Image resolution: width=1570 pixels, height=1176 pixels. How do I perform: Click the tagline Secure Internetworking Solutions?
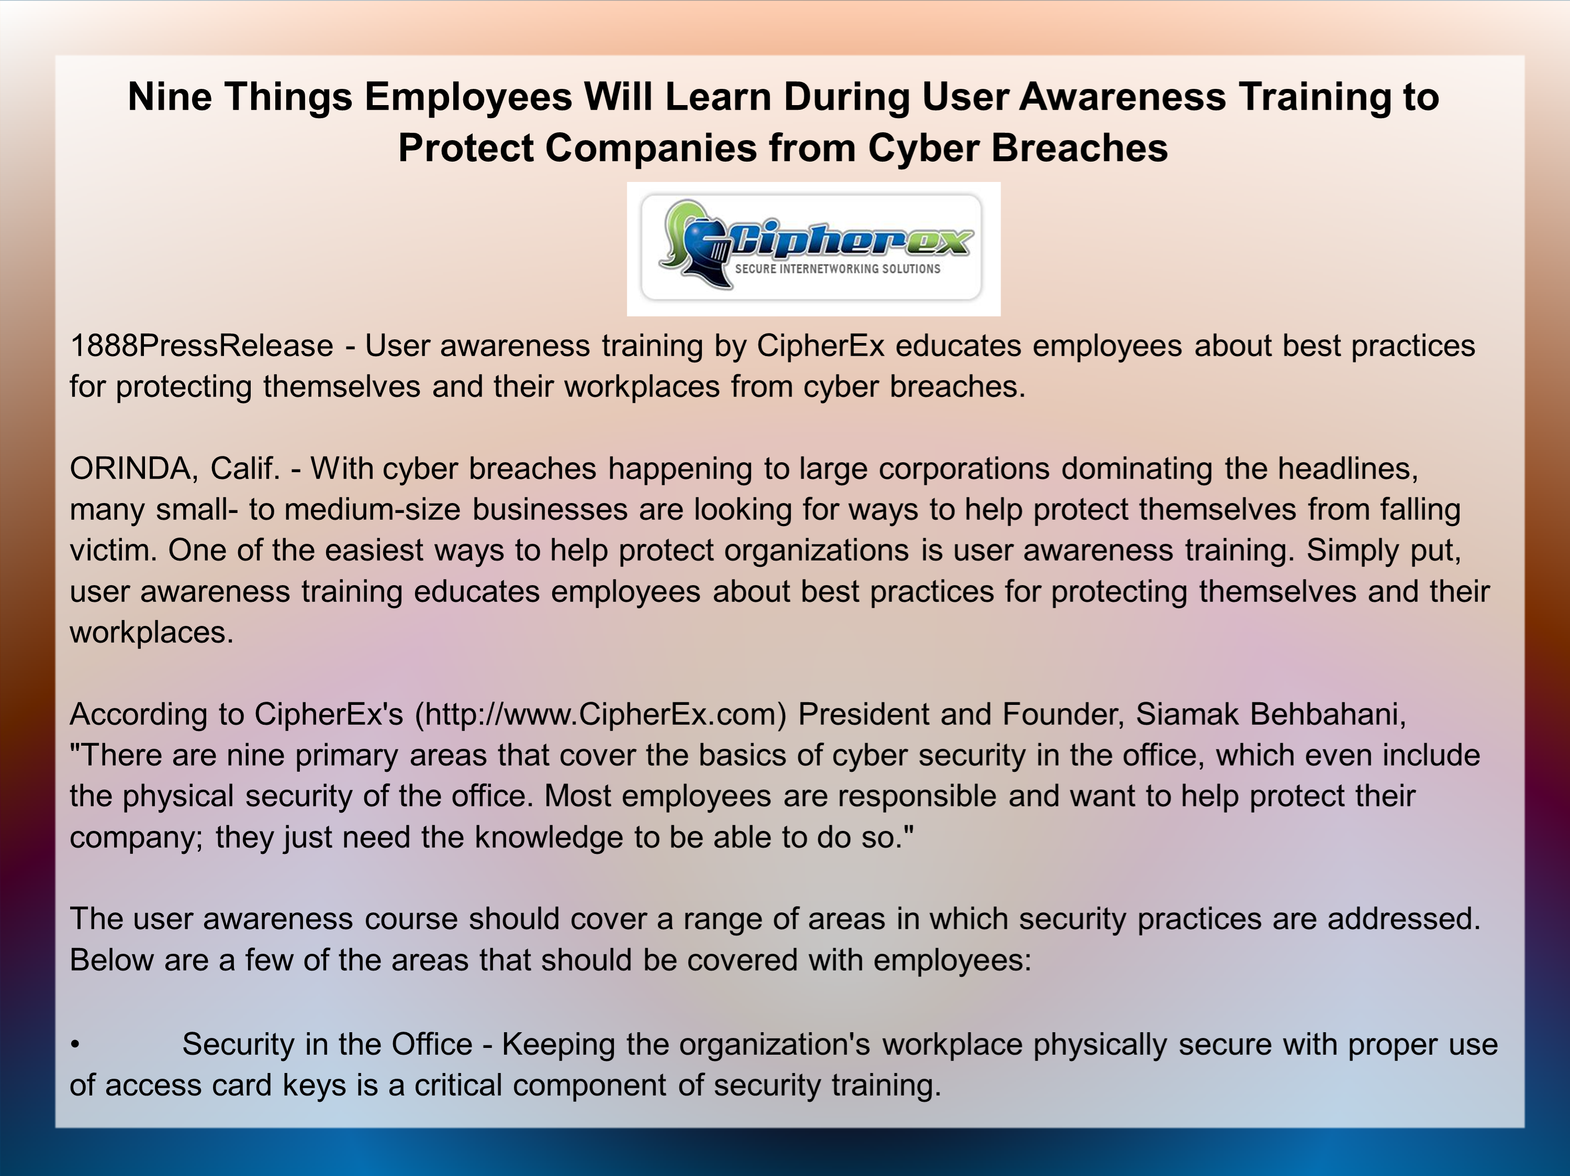tap(837, 269)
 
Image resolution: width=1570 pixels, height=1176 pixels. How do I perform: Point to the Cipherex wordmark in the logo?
tap(848, 239)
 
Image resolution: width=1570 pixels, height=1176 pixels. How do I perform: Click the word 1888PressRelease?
tap(201, 346)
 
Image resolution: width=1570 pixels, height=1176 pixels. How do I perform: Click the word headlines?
tap(1348, 469)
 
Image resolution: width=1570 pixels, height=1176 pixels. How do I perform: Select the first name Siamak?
tap(1187, 714)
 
